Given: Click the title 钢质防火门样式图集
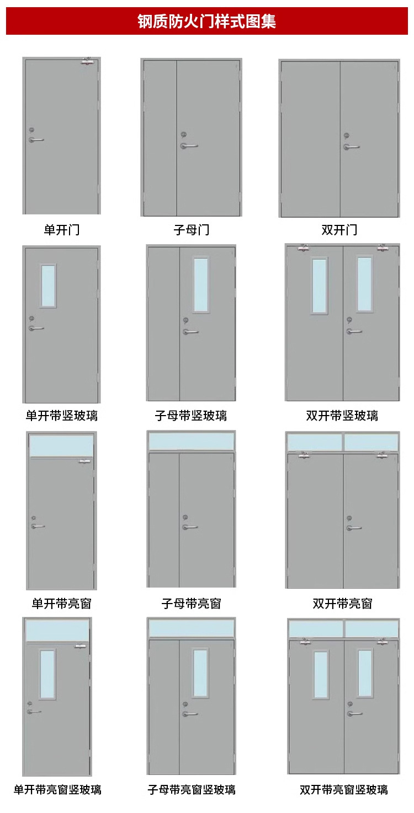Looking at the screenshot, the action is pos(206,21).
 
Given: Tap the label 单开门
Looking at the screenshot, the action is pos(61,230).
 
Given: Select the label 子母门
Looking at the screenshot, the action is pos(191,230).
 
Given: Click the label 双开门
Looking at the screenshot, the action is pos(339,230).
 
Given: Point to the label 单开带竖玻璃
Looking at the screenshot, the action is pos(61,416).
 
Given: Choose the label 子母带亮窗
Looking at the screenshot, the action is pos(191,604).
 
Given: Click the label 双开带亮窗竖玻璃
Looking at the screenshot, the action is pos(343,789).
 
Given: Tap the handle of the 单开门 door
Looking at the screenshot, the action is pos(36,140).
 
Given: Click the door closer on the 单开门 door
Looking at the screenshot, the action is pos(88,62).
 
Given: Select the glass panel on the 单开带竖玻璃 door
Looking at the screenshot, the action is pos(48,286).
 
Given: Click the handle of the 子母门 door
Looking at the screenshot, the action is pos(189,146).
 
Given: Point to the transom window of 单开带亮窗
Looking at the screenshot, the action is pos(61,446).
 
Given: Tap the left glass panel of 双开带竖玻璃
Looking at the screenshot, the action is pos(320,286).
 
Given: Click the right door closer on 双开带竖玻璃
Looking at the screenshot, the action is pos(383,248).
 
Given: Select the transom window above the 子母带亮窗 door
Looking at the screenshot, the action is pos(191,442).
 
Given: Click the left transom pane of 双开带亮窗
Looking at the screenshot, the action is pos(315,443).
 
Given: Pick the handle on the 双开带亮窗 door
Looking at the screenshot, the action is pos(354,527).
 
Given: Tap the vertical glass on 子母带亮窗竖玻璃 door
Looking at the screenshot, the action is pos(200,673).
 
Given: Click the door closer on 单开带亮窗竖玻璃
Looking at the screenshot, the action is pos(81,646).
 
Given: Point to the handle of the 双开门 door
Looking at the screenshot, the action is pos(352,147).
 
